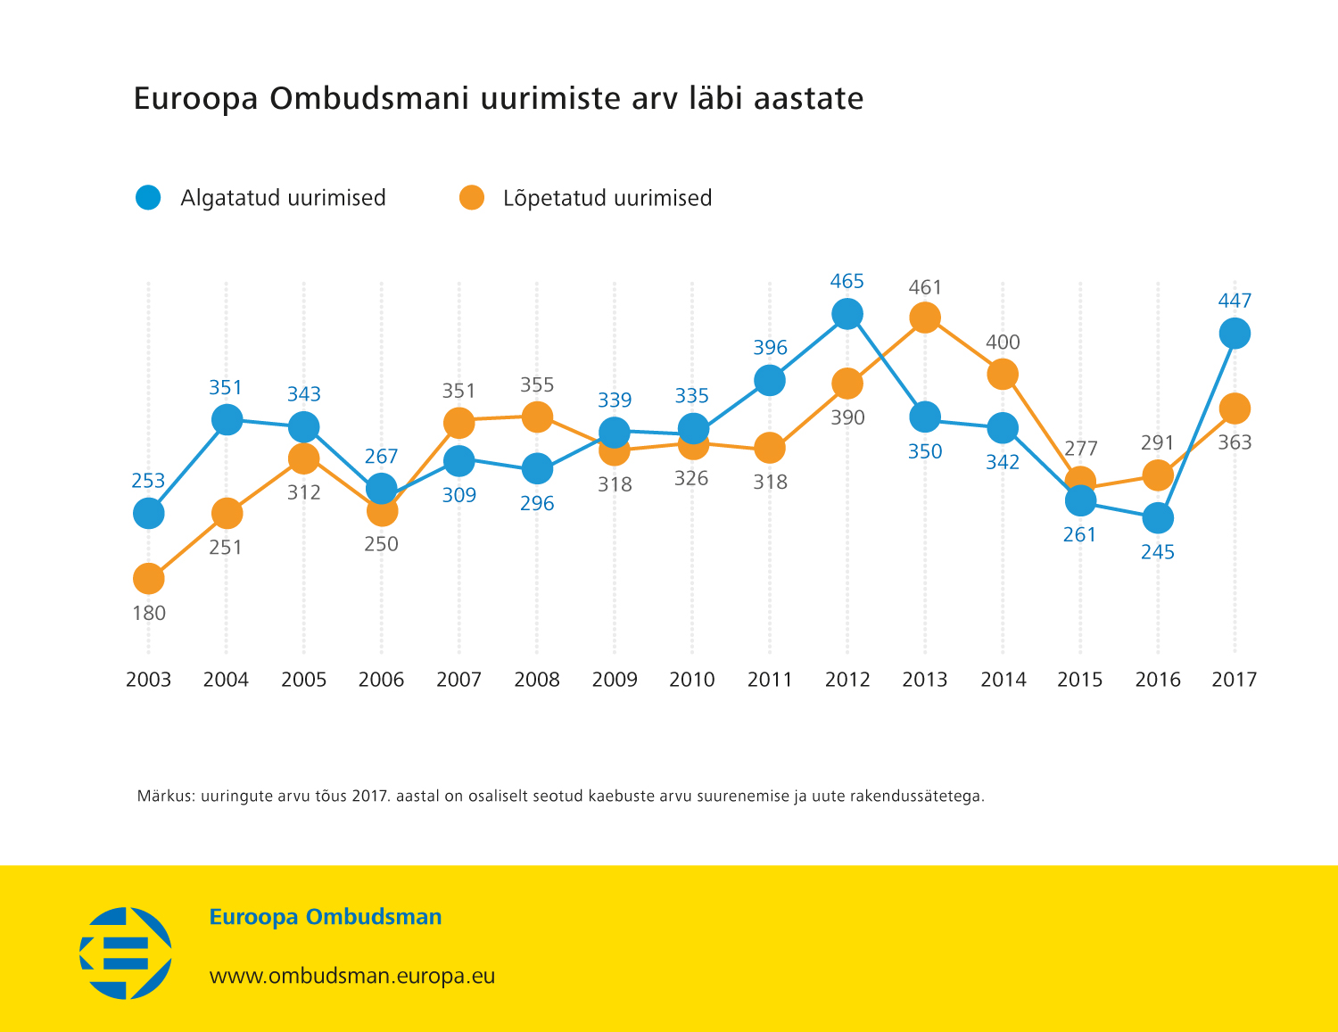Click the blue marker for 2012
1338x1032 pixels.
(847, 314)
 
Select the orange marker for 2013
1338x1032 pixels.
(925, 318)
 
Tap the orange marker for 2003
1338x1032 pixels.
(149, 579)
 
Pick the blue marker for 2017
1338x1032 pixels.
(1235, 334)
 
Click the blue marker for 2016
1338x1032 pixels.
(1158, 517)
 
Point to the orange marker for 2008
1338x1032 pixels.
(537, 417)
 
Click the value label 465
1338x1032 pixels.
(847, 282)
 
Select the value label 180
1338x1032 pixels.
(149, 614)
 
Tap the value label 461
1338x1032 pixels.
(925, 287)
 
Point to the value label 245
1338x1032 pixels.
(1158, 552)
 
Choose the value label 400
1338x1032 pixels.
(1003, 343)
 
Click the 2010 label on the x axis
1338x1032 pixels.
(692, 680)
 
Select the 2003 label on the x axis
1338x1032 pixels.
(148, 680)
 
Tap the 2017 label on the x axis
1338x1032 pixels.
(1235, 680)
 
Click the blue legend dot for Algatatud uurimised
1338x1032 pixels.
(148, 198)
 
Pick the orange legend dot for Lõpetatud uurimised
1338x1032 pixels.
(472, 198)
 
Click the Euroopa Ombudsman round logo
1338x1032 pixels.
(126, 953)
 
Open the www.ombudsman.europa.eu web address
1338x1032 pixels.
(351, 976)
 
